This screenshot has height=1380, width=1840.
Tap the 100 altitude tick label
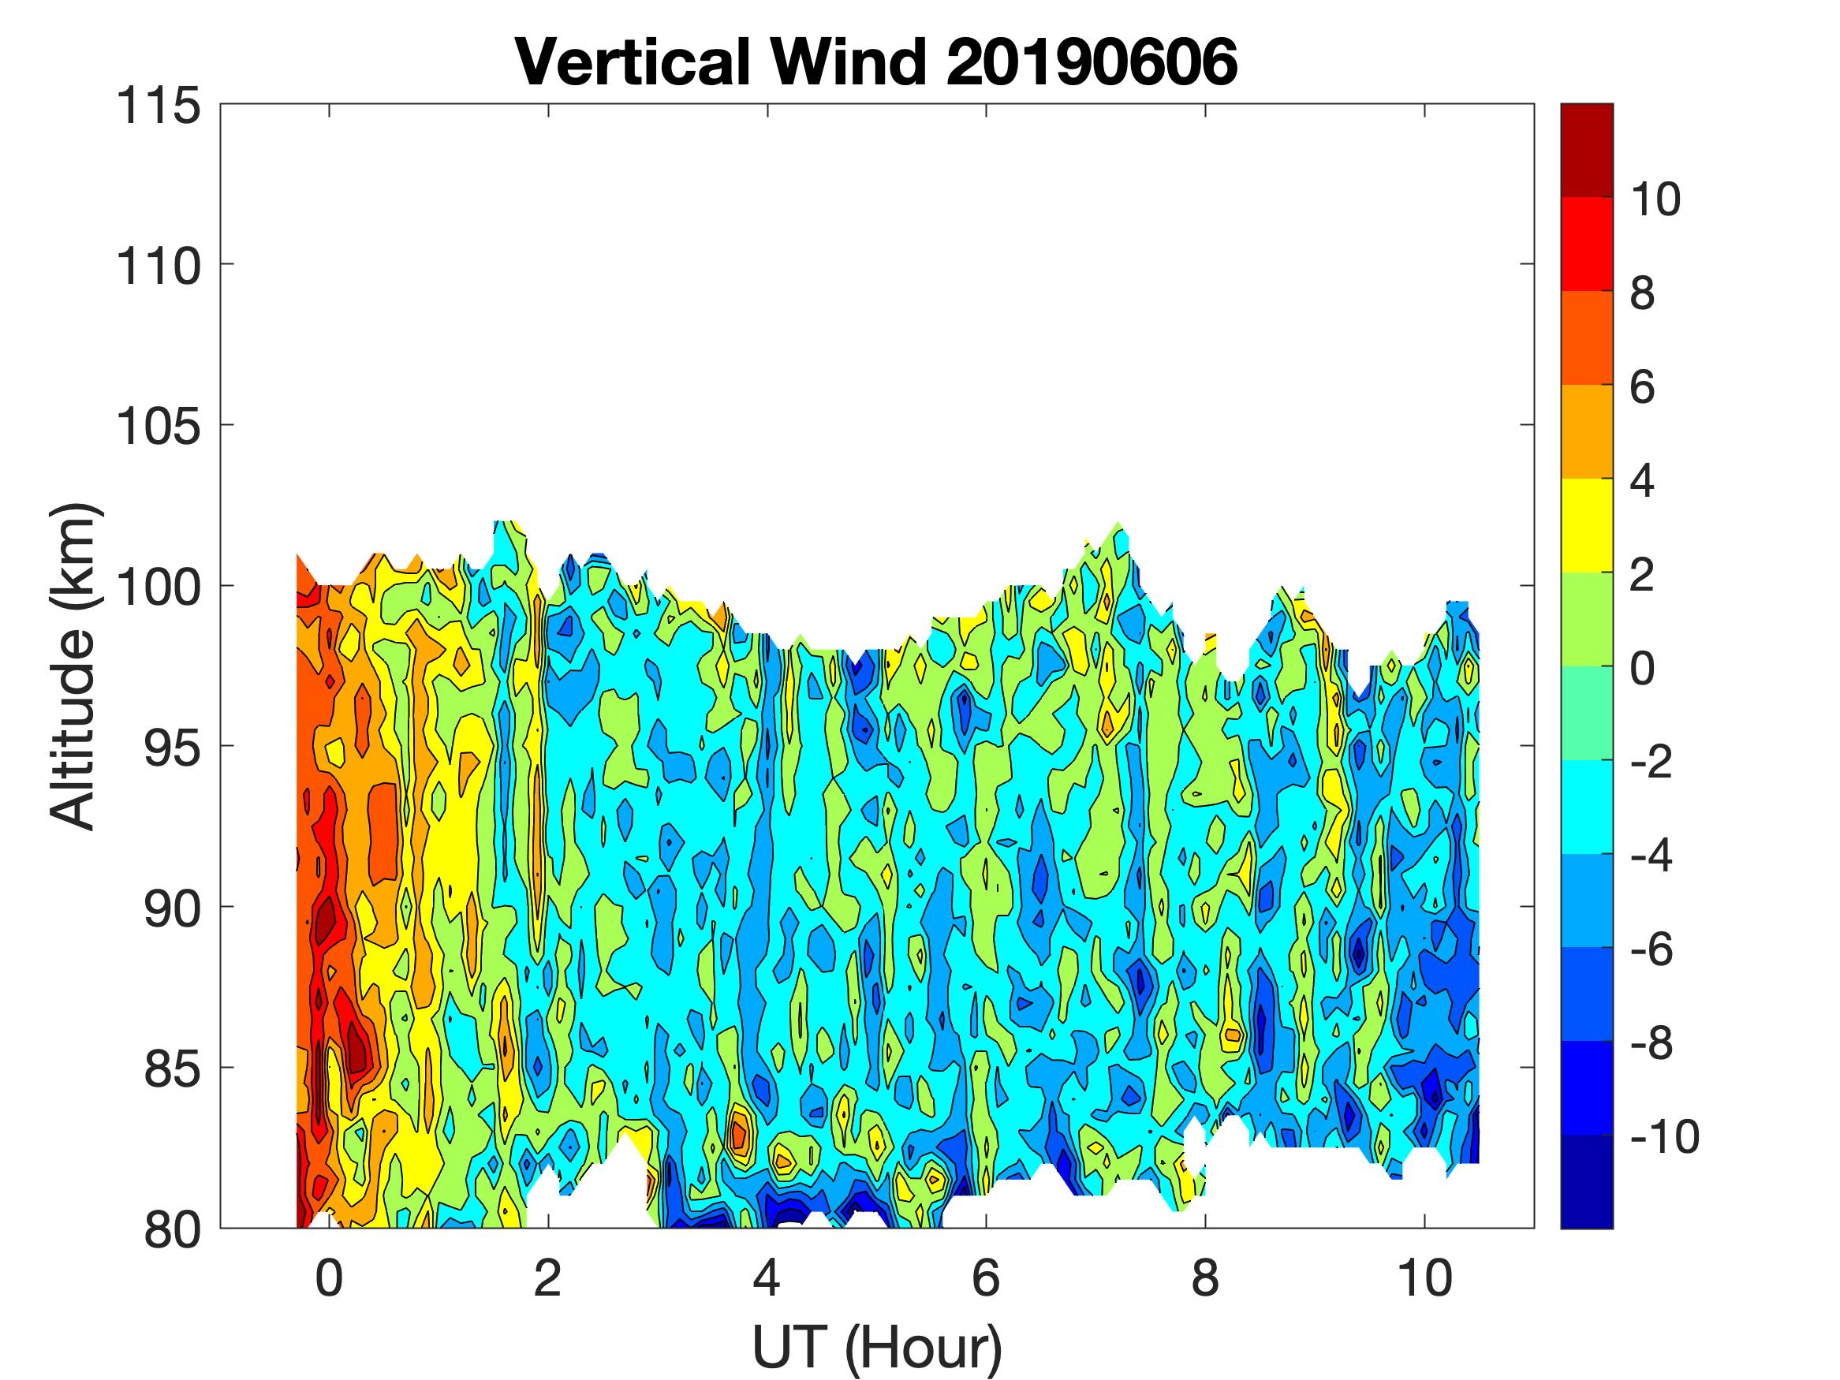click(158, 587)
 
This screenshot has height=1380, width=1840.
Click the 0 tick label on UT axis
click(330, 1277)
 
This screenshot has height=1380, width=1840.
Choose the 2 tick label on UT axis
click(548, 1277)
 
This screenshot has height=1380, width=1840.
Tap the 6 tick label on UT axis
click(986, 1277)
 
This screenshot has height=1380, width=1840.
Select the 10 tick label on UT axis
click(1424, 1277)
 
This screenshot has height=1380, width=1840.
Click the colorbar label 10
click(1655, 199)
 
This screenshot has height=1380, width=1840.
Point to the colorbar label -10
click(1663, 1136)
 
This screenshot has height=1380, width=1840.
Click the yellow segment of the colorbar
click(1586, 526)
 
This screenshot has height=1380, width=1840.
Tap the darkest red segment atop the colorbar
click(1586, 151)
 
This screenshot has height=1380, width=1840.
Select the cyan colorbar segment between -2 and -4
click(1586, 807)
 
